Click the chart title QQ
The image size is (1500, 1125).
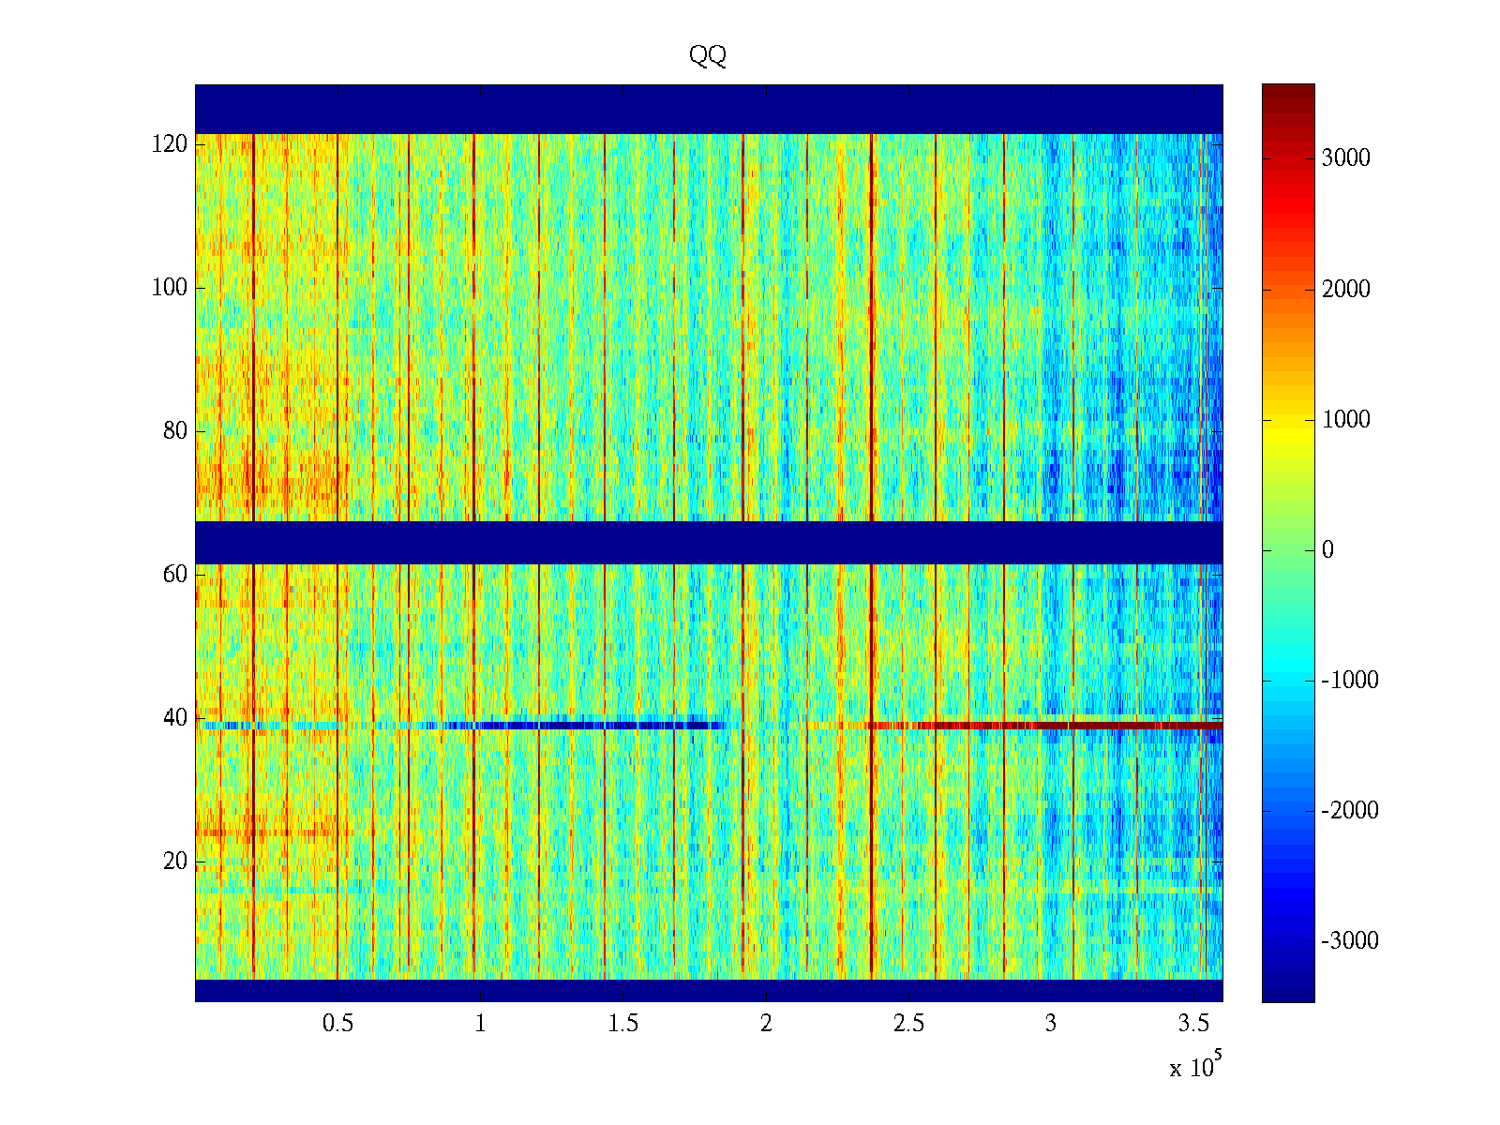[708, 56]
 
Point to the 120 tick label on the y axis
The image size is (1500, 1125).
[170, 144]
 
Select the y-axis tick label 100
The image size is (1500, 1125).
[170, 288]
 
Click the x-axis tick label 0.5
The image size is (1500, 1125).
[337, 1024]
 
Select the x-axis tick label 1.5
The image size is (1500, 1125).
[623, 1024]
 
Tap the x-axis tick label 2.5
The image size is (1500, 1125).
[908, 1024]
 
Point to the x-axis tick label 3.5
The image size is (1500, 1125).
[1194, 1024]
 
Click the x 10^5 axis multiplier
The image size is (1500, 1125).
[1195, 1067]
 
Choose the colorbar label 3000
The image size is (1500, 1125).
[1346, 158]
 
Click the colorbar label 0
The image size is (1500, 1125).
[1327, 550]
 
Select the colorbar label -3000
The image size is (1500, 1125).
[1350, 941]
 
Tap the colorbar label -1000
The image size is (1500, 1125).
[1350, 681]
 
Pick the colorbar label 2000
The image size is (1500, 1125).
[1346, 289]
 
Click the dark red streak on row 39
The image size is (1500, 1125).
[1125, 725]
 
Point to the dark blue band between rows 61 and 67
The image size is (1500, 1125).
[709, 543]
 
